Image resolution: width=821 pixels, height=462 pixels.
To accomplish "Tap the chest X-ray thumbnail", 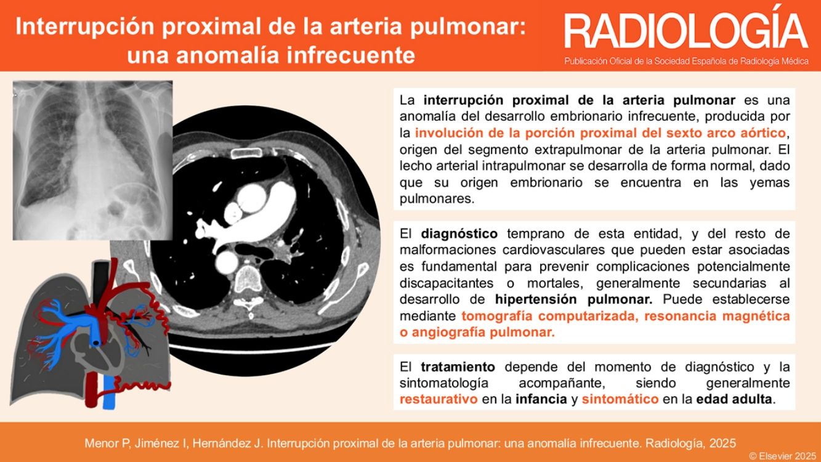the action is [93, 161].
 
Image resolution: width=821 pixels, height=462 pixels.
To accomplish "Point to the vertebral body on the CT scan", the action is [248, 278].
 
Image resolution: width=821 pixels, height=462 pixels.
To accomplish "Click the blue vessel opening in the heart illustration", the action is [96, 343].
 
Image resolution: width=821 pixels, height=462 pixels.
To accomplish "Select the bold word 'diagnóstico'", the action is [459, 233].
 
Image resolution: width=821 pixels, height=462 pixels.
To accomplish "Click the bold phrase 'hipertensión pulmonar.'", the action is [573, 299].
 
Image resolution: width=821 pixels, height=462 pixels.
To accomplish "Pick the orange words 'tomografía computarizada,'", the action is [550, 316].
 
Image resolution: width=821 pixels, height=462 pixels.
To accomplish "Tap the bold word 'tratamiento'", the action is [458, 367].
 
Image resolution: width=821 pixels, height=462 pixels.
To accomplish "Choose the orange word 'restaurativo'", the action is [439, 399].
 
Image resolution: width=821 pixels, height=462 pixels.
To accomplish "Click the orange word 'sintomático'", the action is [620, 399].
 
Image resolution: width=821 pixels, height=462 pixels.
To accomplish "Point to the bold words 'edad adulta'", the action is [734, 399].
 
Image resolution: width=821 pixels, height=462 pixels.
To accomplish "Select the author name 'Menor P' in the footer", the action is [107, 444].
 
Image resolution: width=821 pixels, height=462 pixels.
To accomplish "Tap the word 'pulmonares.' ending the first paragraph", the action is [437, 199].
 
